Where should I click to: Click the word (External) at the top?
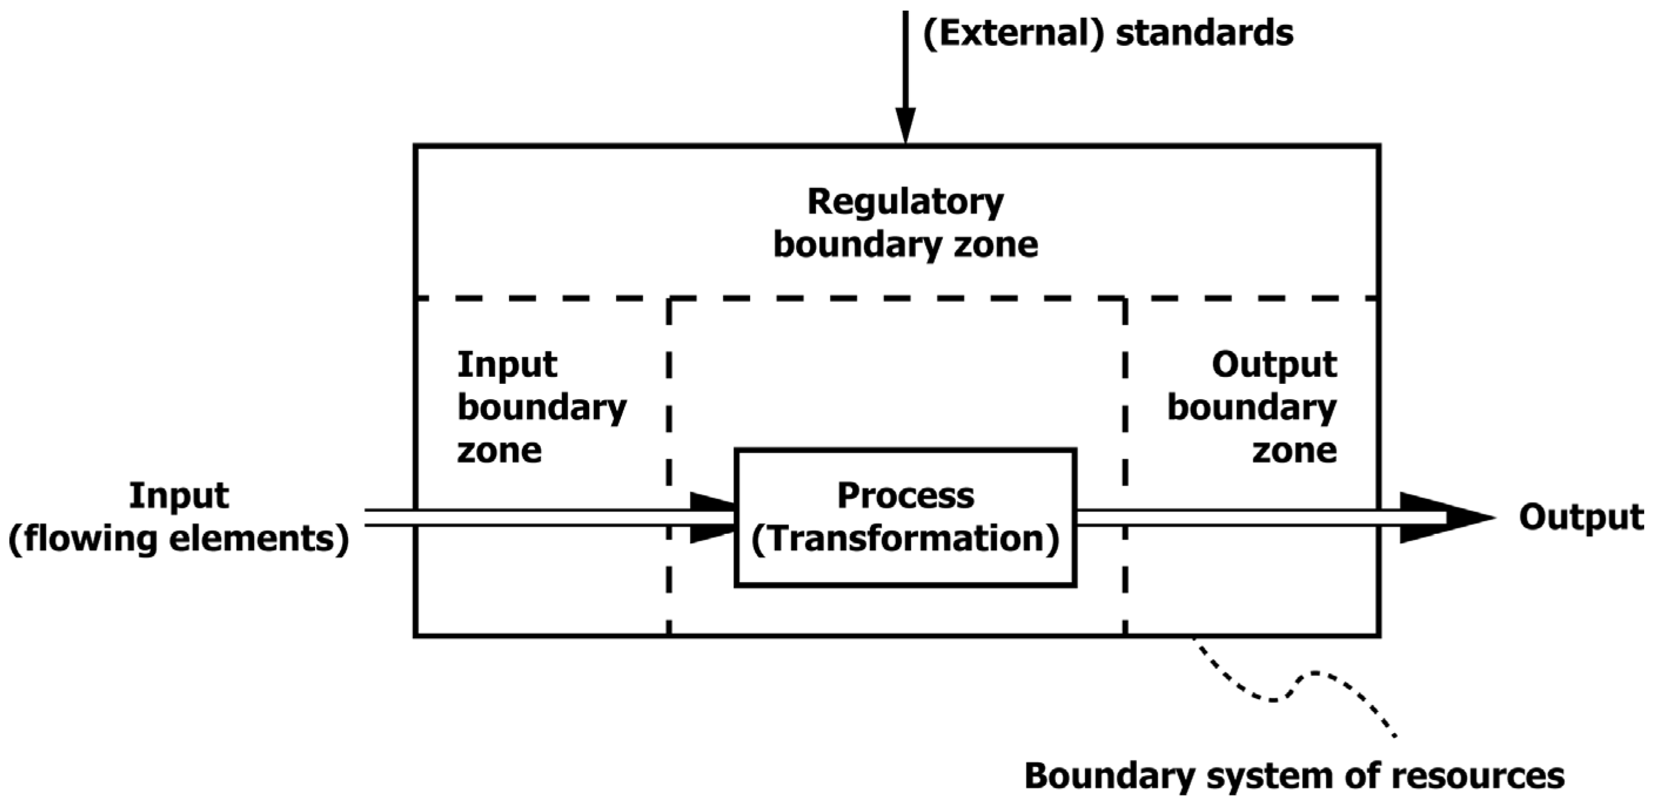coord(1012,34)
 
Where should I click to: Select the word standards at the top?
coord(1204,34)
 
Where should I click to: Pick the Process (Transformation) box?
coord(905,517)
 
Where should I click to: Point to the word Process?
coord(905,496)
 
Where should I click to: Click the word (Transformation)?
coord(905,538)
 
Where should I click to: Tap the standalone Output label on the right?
coord(1580,517)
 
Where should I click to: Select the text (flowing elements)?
coord(179,538)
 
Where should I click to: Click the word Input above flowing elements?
coord(179,496)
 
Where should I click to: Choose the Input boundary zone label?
coord(541,407)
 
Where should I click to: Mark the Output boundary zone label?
coord(1252,407)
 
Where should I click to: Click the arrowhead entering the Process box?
coord(712,517)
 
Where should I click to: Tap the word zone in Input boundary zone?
coord(499,450)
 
